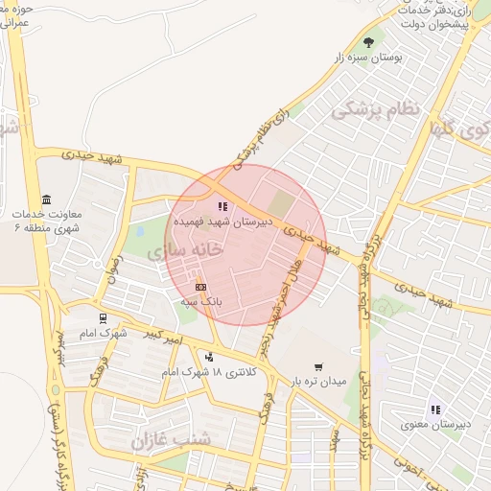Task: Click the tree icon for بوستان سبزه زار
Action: (x=369, y=41)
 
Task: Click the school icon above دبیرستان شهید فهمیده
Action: (x=222, y=206)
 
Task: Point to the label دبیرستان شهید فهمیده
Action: (x=222, y=222)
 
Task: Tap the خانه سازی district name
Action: (x=186, y=249)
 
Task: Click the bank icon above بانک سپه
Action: (x=200, y=287)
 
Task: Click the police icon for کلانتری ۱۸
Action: (x=209, y=357)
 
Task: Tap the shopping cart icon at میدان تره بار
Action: (x=318, y=367)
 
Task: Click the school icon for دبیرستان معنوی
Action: (x=435, y=409)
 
